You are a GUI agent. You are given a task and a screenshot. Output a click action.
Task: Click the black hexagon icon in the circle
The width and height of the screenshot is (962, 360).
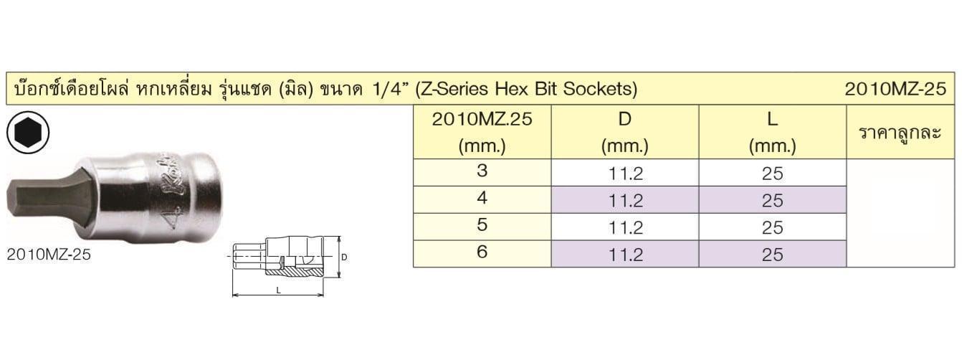[28, 133]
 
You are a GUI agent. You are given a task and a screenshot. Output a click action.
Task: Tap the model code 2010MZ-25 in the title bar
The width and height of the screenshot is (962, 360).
[895, 89]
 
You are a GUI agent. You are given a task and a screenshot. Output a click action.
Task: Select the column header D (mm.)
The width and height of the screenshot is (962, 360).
[625, 133]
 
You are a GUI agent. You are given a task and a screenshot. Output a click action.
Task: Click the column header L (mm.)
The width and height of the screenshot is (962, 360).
[772, 133]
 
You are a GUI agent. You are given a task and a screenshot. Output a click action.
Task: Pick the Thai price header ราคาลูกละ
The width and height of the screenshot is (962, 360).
[900, 133]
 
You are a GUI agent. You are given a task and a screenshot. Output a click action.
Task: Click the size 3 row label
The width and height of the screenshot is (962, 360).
[482, 171]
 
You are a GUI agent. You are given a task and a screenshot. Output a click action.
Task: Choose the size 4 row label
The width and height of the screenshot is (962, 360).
[482, 198]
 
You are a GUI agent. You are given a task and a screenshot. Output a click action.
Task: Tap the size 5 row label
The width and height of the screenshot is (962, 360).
[482, 224]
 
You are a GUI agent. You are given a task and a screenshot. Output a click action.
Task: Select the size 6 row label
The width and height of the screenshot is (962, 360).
[482, 252]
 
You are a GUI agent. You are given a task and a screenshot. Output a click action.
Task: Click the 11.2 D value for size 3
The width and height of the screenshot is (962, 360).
[625, 174]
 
